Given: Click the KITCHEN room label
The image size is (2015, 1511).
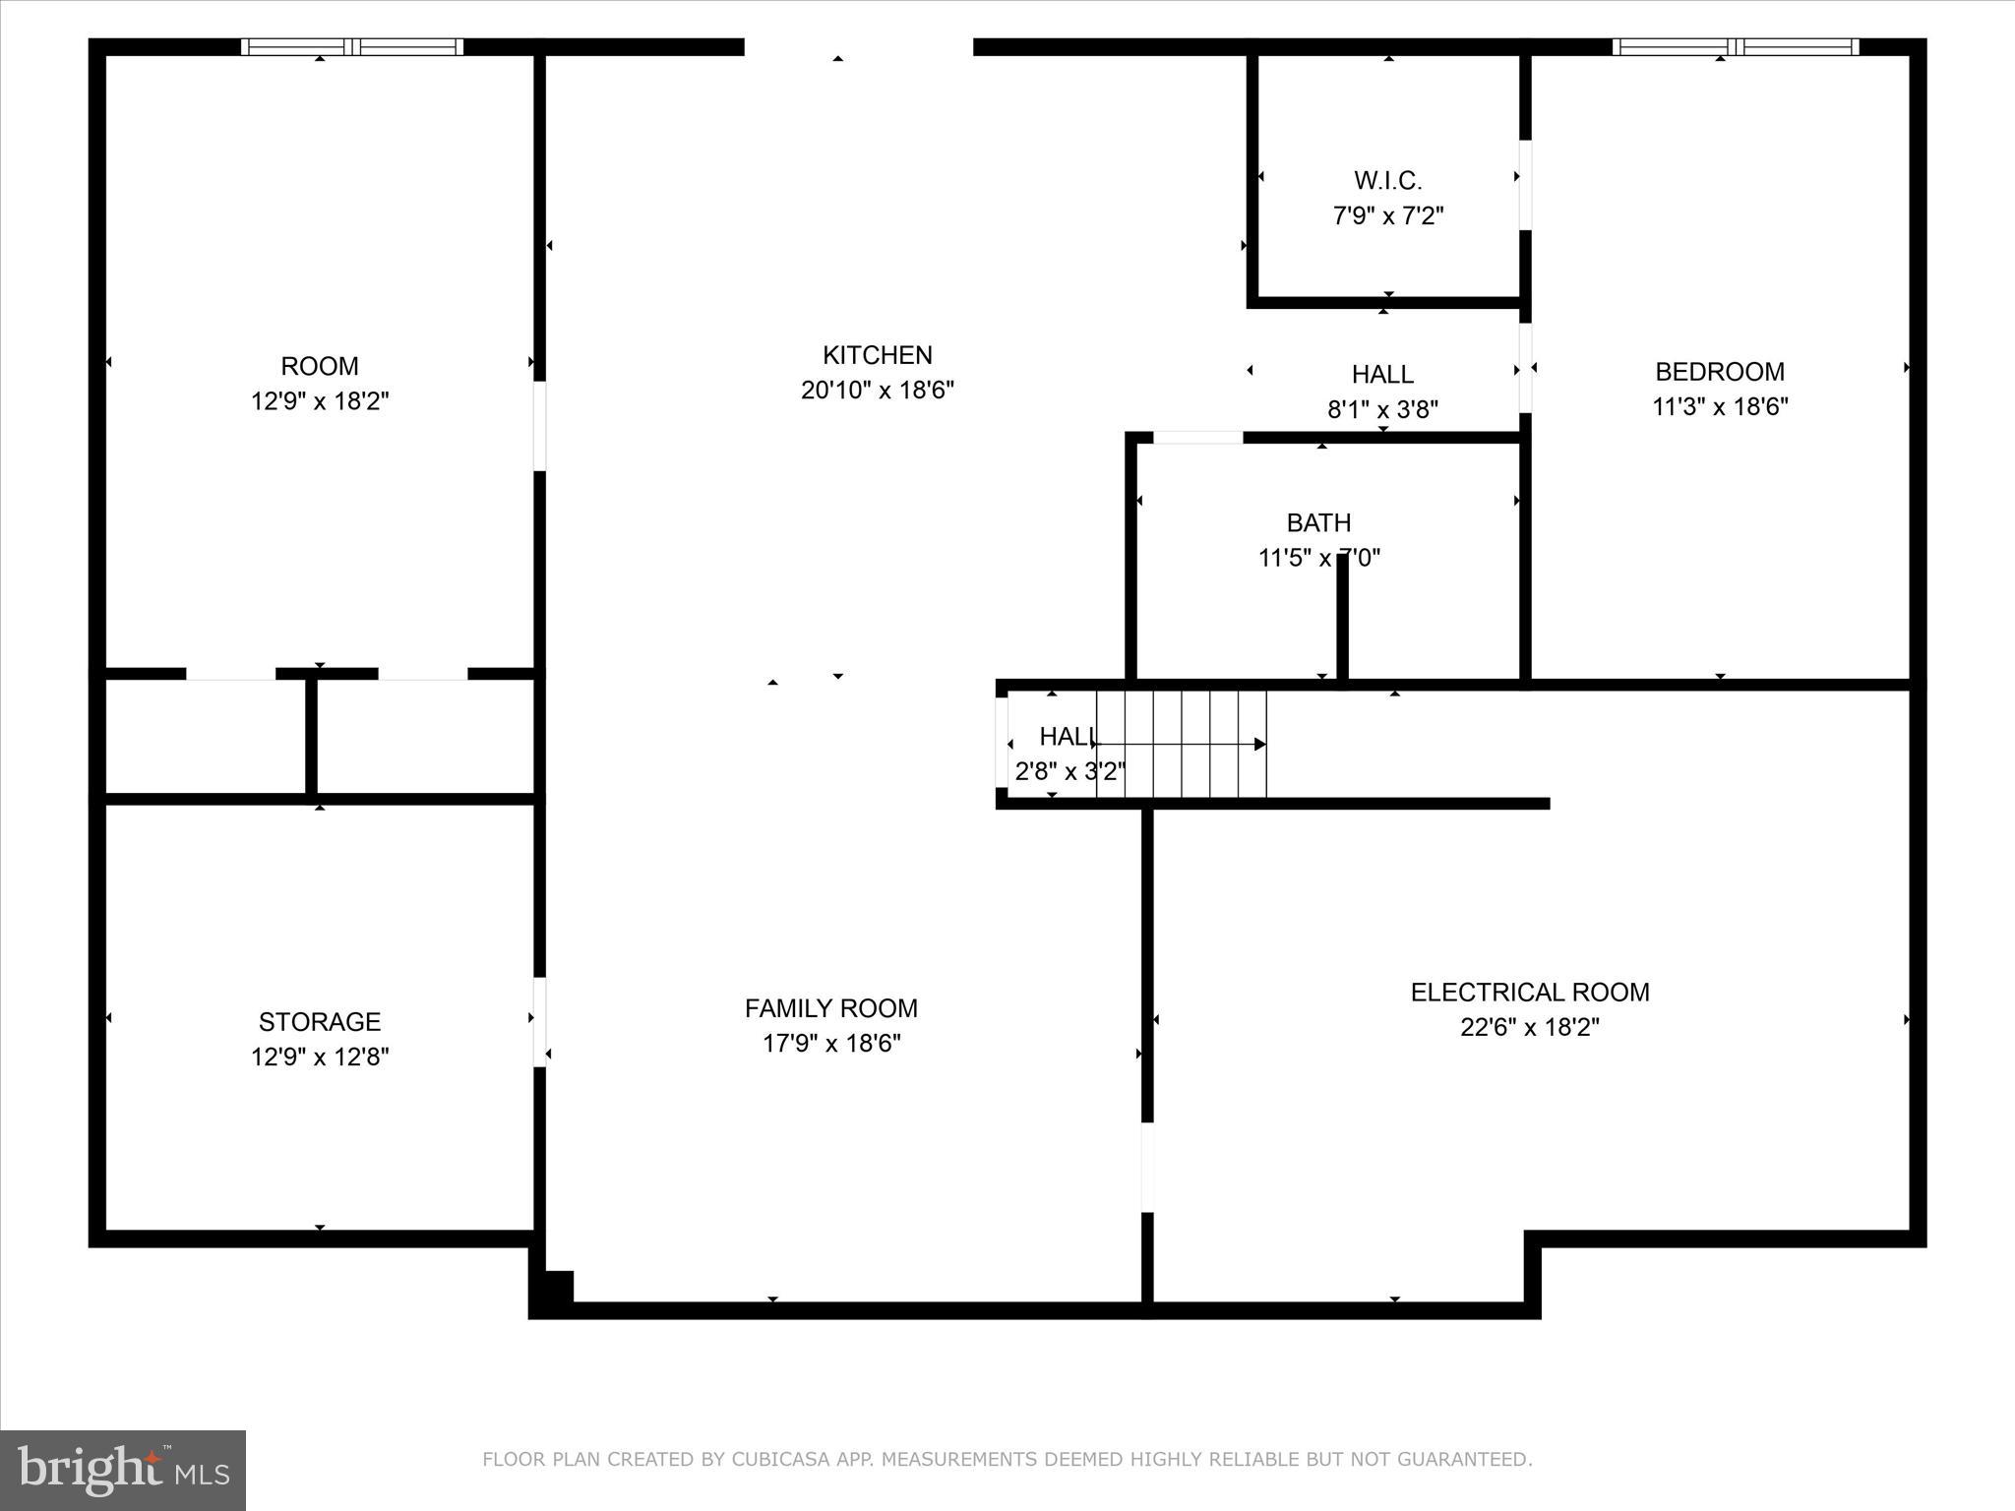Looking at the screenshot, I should (x=877, y=355).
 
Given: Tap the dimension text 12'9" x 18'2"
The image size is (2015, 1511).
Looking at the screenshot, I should (x=320, y=401).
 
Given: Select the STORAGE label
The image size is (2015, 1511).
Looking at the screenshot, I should (x=320, y=1021).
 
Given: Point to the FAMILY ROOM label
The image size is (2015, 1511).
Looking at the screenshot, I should (x=831, y=1008).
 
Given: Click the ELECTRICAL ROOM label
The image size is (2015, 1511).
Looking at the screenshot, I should (x=1530, y=992).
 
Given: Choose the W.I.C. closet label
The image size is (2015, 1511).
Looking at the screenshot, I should (x=1387, y=181).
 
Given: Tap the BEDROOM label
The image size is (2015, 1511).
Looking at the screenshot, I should (x=1719, y=372).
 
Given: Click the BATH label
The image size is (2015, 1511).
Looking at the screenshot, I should (x=1318, y=522).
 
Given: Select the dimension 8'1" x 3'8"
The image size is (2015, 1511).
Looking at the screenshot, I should (x=1382, y=409).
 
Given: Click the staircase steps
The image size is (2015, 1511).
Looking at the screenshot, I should (x=1181, y=744).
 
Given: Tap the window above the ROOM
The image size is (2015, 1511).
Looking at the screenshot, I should (x=352, y=46).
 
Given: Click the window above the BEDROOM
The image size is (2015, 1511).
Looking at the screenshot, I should (x=1736, y=46).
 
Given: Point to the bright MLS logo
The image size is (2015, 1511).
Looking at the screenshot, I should (x=123, y=1471).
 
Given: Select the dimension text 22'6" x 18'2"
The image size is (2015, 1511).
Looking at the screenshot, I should (x=1530, y=1027).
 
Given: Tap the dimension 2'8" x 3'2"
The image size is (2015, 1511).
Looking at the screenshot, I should (x=1069, y=771).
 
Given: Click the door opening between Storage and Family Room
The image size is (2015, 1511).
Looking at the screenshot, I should (x=539, y=1021).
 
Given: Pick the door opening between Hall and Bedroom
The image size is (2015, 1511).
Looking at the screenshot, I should (x=1525, y=368).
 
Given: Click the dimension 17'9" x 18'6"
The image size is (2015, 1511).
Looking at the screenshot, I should (x=831, y=1043).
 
